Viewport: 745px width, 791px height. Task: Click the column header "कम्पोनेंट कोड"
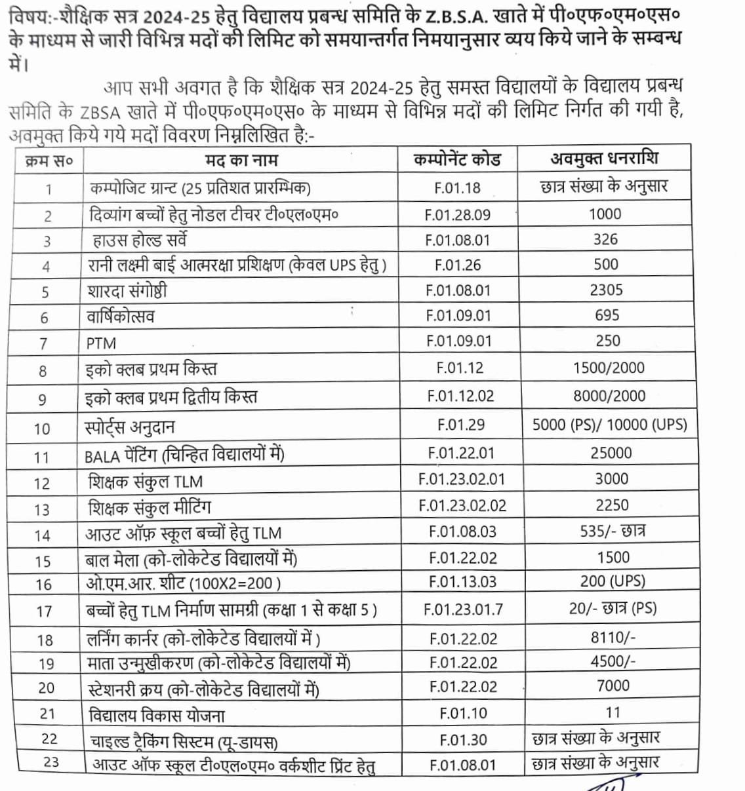[457, 159]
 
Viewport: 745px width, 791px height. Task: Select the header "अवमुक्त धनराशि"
[604, 158]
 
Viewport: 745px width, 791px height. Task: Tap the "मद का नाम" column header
[241, 160]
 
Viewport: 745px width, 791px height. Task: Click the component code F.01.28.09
[457, 215]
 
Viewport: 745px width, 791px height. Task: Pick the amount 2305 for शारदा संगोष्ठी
[606, 290]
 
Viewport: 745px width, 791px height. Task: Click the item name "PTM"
[101, 343]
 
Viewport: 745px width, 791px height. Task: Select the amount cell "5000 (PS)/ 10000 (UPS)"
[609, 424]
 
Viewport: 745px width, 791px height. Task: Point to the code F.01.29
[460, 425]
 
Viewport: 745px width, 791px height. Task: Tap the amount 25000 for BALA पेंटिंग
[611, 453]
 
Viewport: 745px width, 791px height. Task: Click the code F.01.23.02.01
[462, 479]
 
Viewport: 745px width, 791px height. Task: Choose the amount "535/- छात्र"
[612, 531]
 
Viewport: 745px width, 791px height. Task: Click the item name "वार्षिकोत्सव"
[121, 317]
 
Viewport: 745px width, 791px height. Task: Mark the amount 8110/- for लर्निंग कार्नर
[613, 636]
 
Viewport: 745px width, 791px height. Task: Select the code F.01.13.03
[462, 581]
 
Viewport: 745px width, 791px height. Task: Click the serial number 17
[44, 611]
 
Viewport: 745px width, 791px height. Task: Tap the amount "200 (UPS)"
[613, 581]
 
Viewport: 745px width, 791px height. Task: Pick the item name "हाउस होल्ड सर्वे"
[140, 241]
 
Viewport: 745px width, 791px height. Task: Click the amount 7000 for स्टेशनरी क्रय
[613, 685]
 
